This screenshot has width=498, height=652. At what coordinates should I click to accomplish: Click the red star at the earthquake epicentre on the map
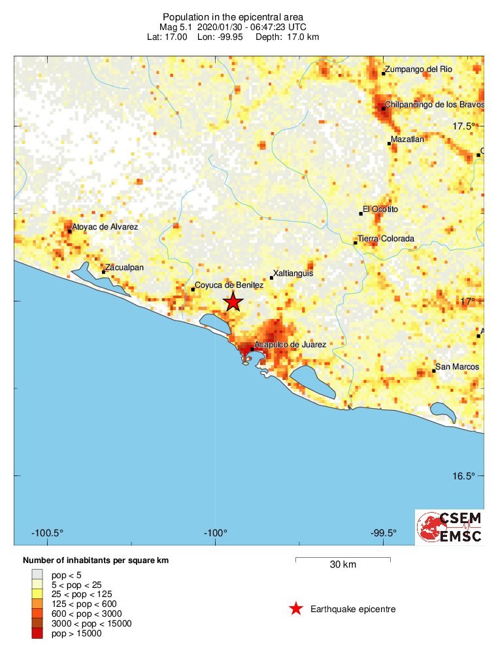click(x=233, y=302)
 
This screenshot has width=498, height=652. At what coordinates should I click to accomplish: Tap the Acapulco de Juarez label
click(x=290, y=345)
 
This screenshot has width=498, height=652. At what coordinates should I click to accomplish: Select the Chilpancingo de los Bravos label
click(x=435, y=104)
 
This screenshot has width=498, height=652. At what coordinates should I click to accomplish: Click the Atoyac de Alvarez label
click(x=105, y=226)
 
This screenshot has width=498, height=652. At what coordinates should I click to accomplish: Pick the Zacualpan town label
click(x=124, y=267)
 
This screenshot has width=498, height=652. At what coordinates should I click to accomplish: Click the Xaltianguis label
click(x=293, y=273)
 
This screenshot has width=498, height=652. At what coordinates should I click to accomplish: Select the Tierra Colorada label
click(x=386, y=239)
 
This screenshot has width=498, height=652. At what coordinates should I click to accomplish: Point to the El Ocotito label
click(x=380, y=209)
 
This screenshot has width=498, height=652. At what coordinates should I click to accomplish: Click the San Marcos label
click(x=457, y=367)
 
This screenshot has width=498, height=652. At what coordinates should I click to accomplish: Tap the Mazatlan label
click(x=407, y=139)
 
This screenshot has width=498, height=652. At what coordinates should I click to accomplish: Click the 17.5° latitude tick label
click(x=464, y=126)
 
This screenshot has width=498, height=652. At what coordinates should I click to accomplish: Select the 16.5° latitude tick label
click(x=464, y=475)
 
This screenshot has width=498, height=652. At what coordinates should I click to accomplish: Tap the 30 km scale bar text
click(x=342, y=565)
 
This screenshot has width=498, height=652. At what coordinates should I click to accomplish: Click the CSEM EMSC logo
click(x=450, y=527)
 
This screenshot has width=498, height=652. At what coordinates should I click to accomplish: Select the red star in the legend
click(x=296, y=609)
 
